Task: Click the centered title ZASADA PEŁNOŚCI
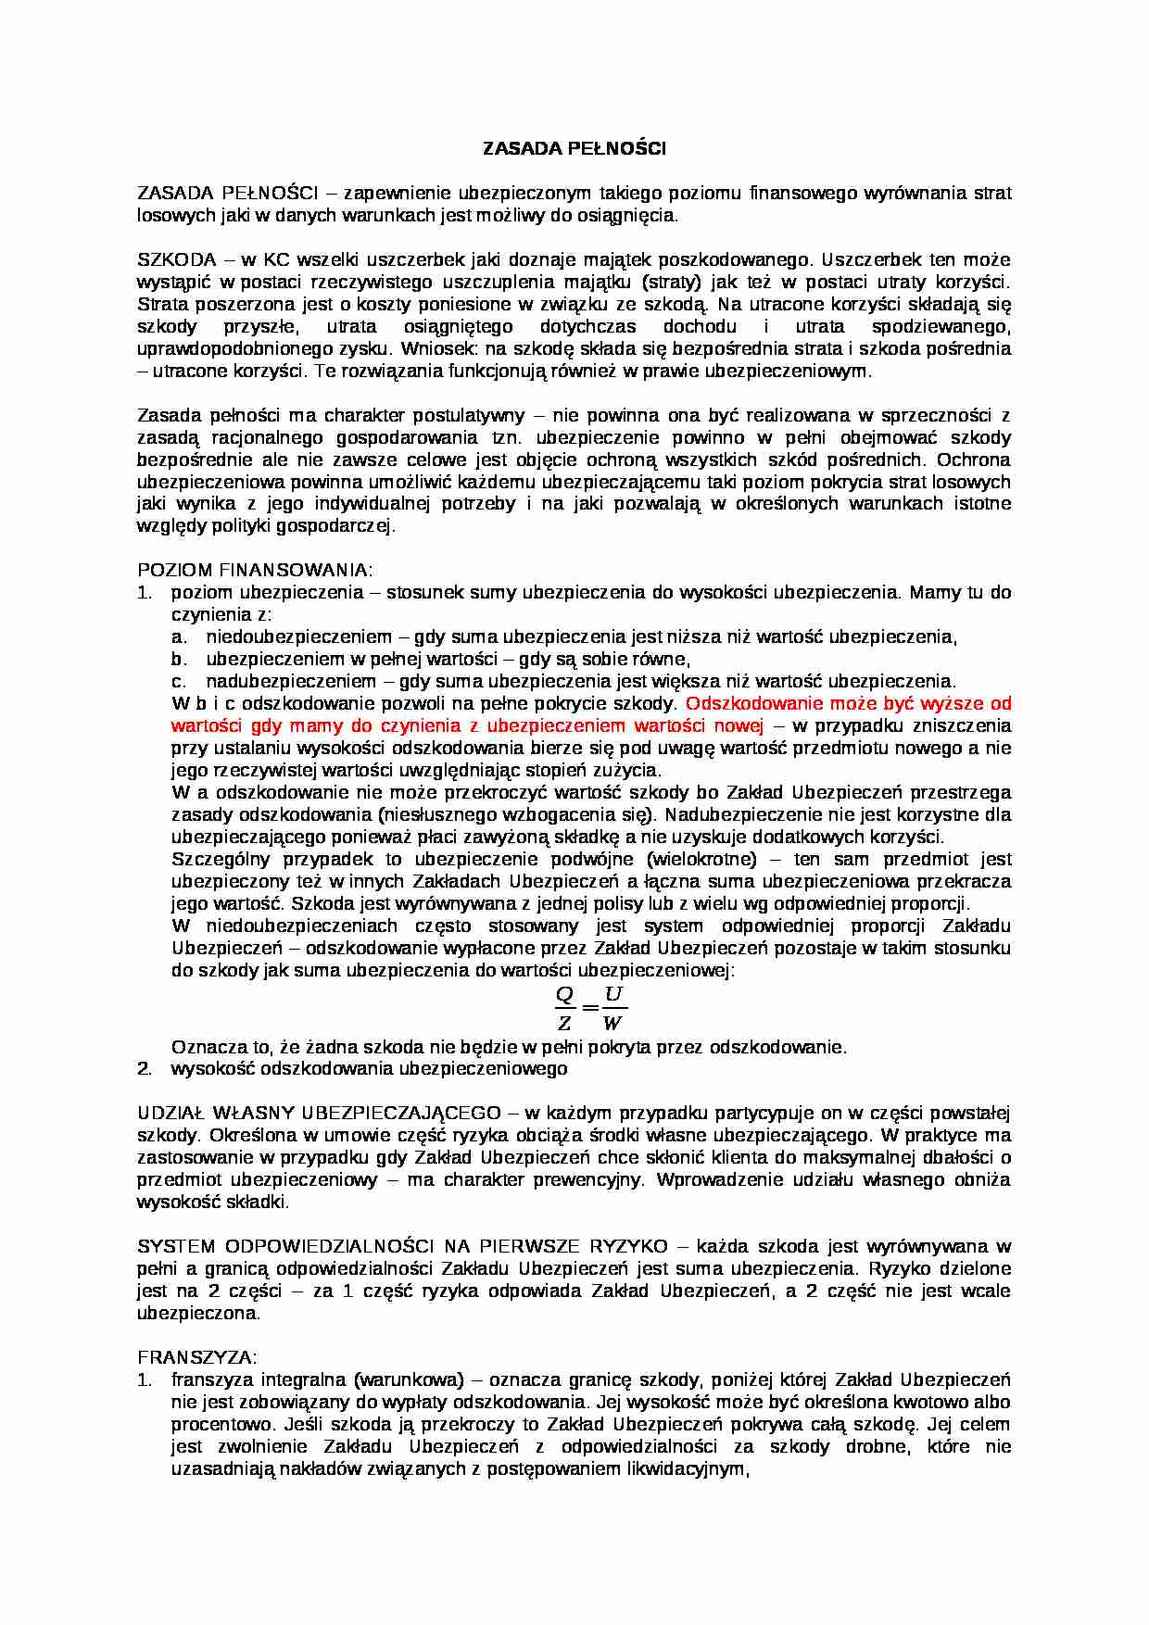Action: pyautogui.click(x=574, y=148)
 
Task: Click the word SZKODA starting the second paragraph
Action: pyautogui.click(x=177, y=259)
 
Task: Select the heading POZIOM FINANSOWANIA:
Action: pyautogui.click(x=255, y=570)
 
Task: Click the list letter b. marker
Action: pyautogui.click(x=180, y=660)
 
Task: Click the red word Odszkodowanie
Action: pyautogui.click(x=746, y=704)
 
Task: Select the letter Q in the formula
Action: pyautogui.click(x=564, y=996)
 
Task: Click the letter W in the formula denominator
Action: pyautogui.click(x=612, y=1024)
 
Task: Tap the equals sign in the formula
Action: pyautogui.click(x=589, y=1008)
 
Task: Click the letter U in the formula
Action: pyautogui.click(x=613, y=996)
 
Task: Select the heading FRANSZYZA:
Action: pyautogui.click(x=197, y=1358)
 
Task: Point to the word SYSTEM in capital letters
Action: pyautogui.click(x=176, y=1247)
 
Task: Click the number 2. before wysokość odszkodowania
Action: pyautogui.click(x=145, y=1069)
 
